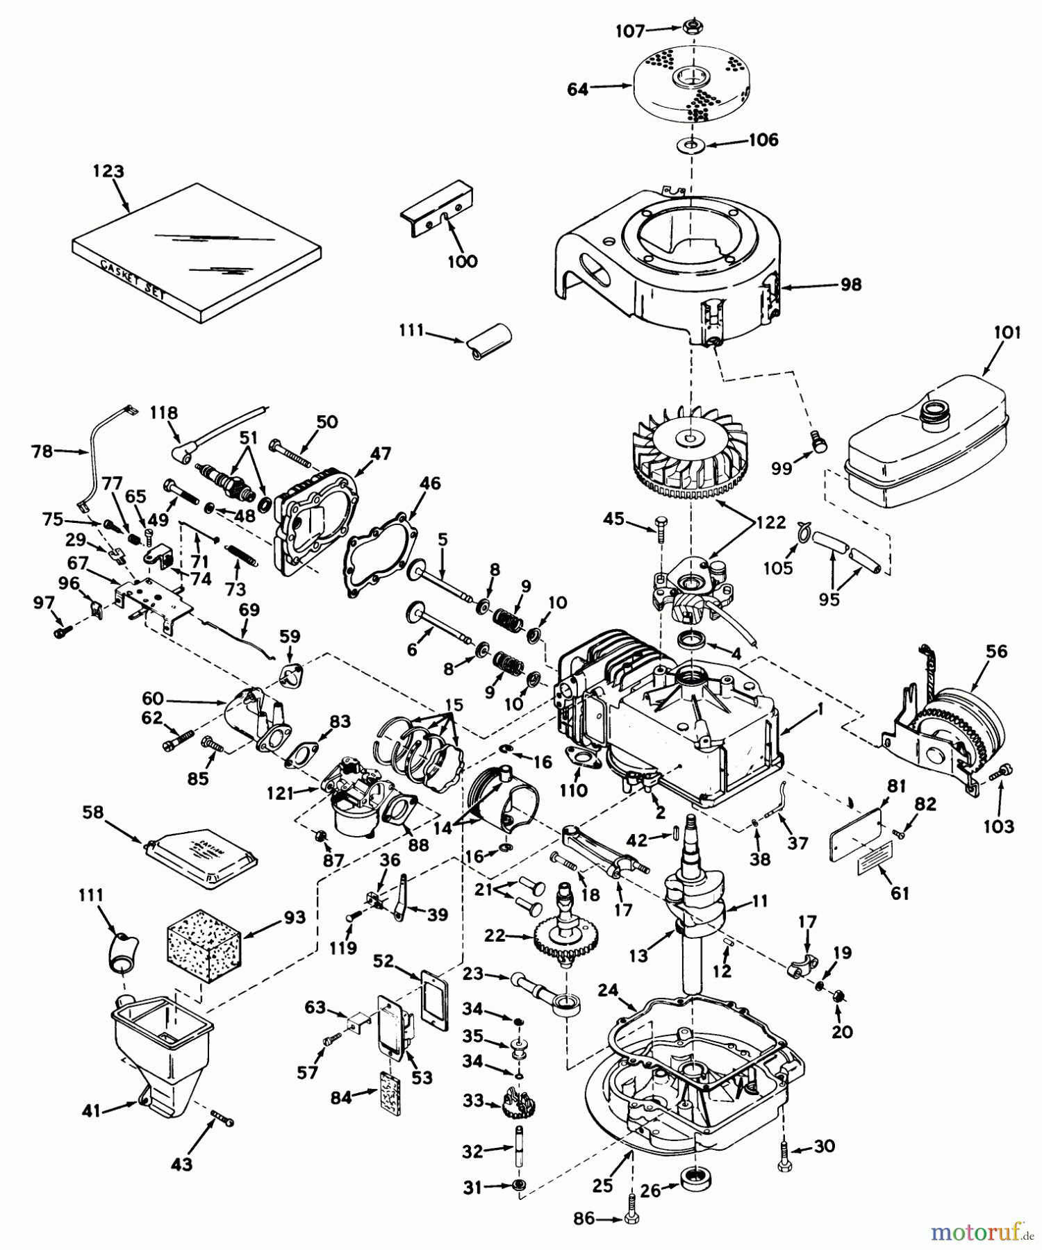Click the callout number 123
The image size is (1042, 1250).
point(109,171)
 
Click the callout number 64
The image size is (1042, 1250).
point(578,89)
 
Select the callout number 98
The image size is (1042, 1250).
point(850,284)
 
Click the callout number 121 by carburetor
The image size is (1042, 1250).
point(281,792)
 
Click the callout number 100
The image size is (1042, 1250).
point(462,261)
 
